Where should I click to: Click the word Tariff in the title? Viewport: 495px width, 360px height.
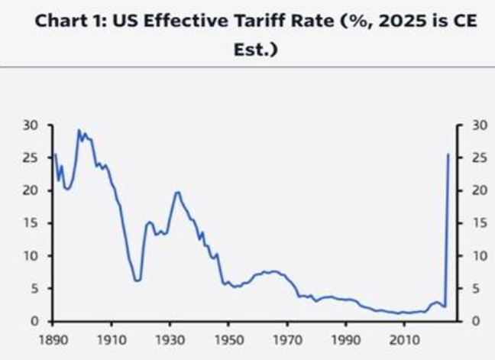[263, 21]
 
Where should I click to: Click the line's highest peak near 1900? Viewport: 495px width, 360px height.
[79, 130]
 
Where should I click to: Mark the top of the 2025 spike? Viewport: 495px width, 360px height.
[448, 154]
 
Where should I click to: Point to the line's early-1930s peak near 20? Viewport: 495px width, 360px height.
[177, 192]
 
